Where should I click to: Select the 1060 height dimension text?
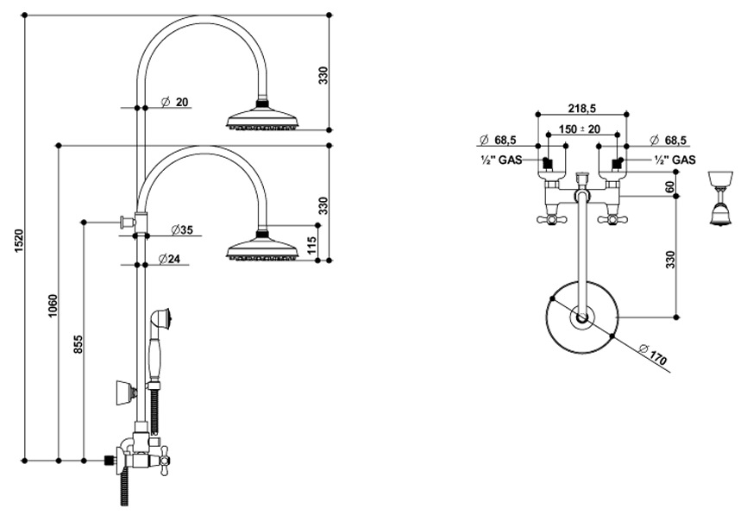pyautogui.click(x=53, y=307)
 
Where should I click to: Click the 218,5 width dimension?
pyautogui.click(x=581, y=109)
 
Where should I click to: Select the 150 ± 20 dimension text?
pyautogui.click(x=579, y=129)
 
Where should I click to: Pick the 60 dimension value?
pyautogui.click(x=669, y=185)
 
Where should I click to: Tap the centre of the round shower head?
pyautogui.click(x=580, y=318)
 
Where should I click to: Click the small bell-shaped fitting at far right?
pyautogui.click(x=716, y=200)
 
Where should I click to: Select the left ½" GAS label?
pyautogui.click(x=499, y=160)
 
